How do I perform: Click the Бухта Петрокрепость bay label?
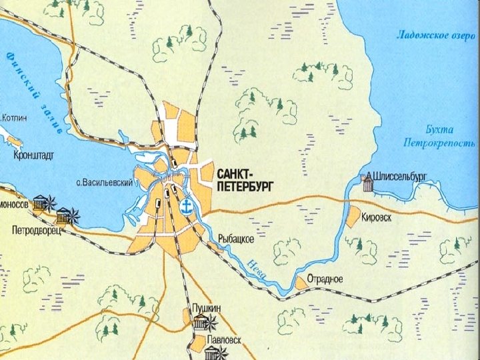pos(440,136)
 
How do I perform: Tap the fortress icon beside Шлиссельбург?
pos(367,183)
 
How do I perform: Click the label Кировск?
pos(377,217)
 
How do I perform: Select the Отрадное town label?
pos(325,279)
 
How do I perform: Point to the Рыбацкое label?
pos(236,238)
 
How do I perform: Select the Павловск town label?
pos(223,340)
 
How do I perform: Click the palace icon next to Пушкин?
pos(203,323)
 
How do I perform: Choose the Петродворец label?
pos(36,231)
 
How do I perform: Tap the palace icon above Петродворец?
pos(65,216)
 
